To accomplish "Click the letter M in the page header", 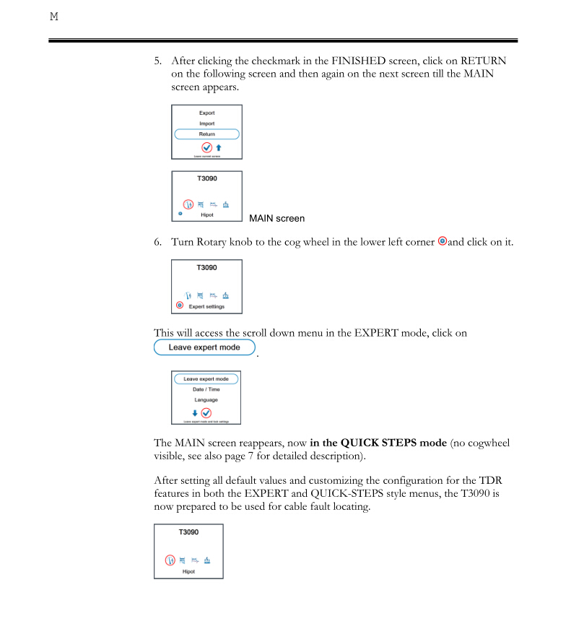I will (53, 16).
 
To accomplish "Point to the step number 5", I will (157, 61).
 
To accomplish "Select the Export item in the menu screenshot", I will (206, 113).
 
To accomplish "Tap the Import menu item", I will (206, 123).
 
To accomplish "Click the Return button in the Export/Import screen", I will (206, 134).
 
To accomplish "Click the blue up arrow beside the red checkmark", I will (218, 147).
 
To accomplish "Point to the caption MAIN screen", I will (276, 218).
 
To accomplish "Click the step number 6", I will (157, 242).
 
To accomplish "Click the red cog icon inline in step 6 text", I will (443, 241).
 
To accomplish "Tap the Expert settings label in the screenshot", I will (206, 306).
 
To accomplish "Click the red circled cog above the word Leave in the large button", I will (180, 305).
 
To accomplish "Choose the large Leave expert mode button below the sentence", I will (205, 347).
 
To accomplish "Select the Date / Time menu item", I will (206, 389).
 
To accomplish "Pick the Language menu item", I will (206, 399).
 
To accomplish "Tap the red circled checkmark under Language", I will (206, 412).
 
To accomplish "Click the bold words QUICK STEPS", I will (378, 443).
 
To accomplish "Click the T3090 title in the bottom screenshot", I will (188, 532).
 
